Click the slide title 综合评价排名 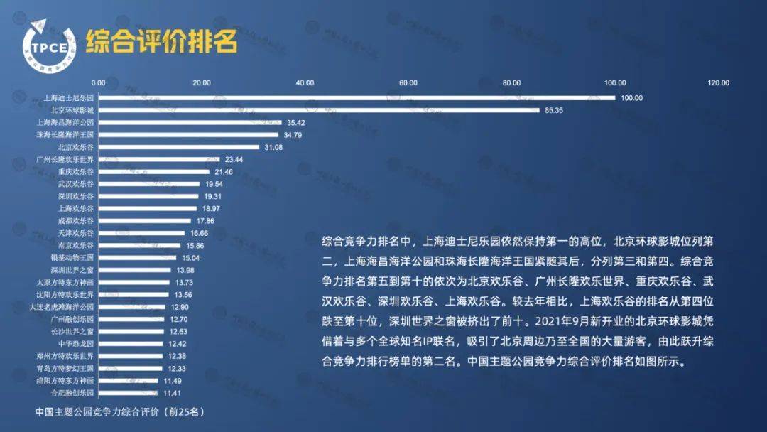coord(161,42)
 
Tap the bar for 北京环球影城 coord(319,110)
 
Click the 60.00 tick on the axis coord(408,83)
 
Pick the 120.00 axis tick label coord(718,83)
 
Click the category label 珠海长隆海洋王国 coord(65,134)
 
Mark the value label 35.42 coord(295,122)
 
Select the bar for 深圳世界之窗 coord(135,269)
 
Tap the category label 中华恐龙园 coord(75,343)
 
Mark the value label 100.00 coord(631,98)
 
